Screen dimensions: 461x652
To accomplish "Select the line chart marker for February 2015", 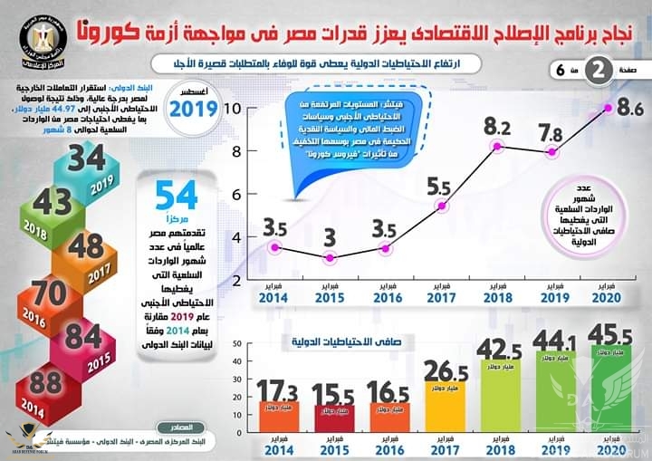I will click(331, 258).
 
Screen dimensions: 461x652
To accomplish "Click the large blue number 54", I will click(177, 197).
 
